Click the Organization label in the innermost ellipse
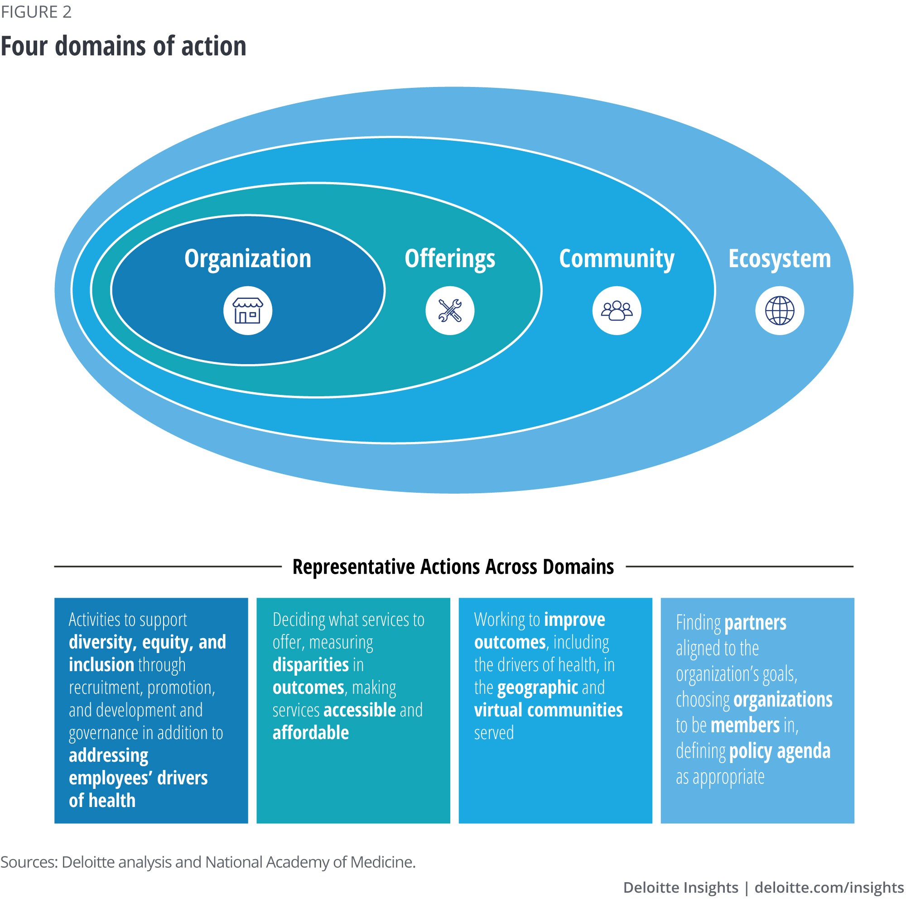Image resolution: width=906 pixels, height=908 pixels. coord(247,259)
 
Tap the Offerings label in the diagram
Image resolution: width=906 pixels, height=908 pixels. coord(449,259)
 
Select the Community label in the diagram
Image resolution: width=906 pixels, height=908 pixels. coord(616,259)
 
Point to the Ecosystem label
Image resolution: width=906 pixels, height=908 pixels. coord(779,259)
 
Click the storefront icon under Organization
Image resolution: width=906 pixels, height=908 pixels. coord(247,310)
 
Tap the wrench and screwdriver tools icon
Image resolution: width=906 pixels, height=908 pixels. coord(449,310)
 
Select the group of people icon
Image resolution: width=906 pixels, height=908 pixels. coord(617,310)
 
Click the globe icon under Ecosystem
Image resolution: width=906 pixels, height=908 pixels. coord(779,310)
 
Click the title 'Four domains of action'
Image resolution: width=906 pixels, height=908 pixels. coord(123,46)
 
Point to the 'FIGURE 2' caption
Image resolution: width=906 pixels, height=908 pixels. coord(36,12)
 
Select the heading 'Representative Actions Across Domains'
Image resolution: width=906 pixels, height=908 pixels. coord(453,567)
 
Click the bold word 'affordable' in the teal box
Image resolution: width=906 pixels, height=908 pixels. coord(310,732)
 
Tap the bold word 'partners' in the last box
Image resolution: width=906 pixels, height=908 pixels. coord(755,622)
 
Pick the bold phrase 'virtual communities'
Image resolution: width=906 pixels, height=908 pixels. coord(548,710)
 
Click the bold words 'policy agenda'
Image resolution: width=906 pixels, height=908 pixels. coord(779,751)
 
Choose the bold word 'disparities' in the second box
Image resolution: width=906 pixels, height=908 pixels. coord(310,664)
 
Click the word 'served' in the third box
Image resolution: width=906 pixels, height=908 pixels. coord(493,733)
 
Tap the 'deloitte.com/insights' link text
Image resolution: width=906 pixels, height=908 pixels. coord(829,887)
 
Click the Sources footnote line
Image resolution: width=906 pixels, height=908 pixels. coord(208,862)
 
